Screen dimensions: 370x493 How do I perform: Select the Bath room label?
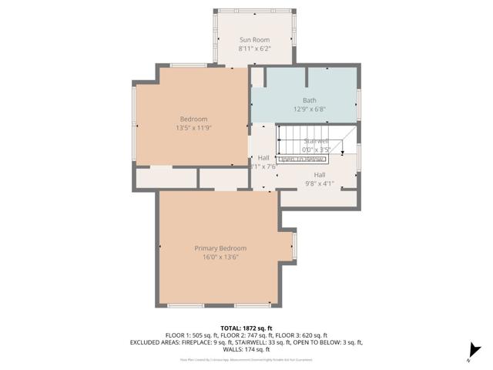tap(309, 100)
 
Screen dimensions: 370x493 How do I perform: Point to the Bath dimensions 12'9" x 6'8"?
tap(309, 109)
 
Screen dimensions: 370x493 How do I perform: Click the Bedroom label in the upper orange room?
tap(193, 119)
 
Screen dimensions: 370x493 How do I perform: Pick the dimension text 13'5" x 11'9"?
tap(193, 128)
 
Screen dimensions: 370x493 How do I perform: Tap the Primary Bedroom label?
tap(220, 248)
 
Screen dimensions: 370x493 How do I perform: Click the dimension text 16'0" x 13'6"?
tap(220, 257)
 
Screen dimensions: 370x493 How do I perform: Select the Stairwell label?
tap(317, 141)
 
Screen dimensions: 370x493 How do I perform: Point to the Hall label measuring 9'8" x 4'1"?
tap(320, 175)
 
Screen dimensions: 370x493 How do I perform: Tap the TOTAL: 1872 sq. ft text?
tap(246, 328)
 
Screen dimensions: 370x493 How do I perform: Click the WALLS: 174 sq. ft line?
tap(246, 349)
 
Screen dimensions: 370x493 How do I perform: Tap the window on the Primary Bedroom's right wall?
tap(293, 247)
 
